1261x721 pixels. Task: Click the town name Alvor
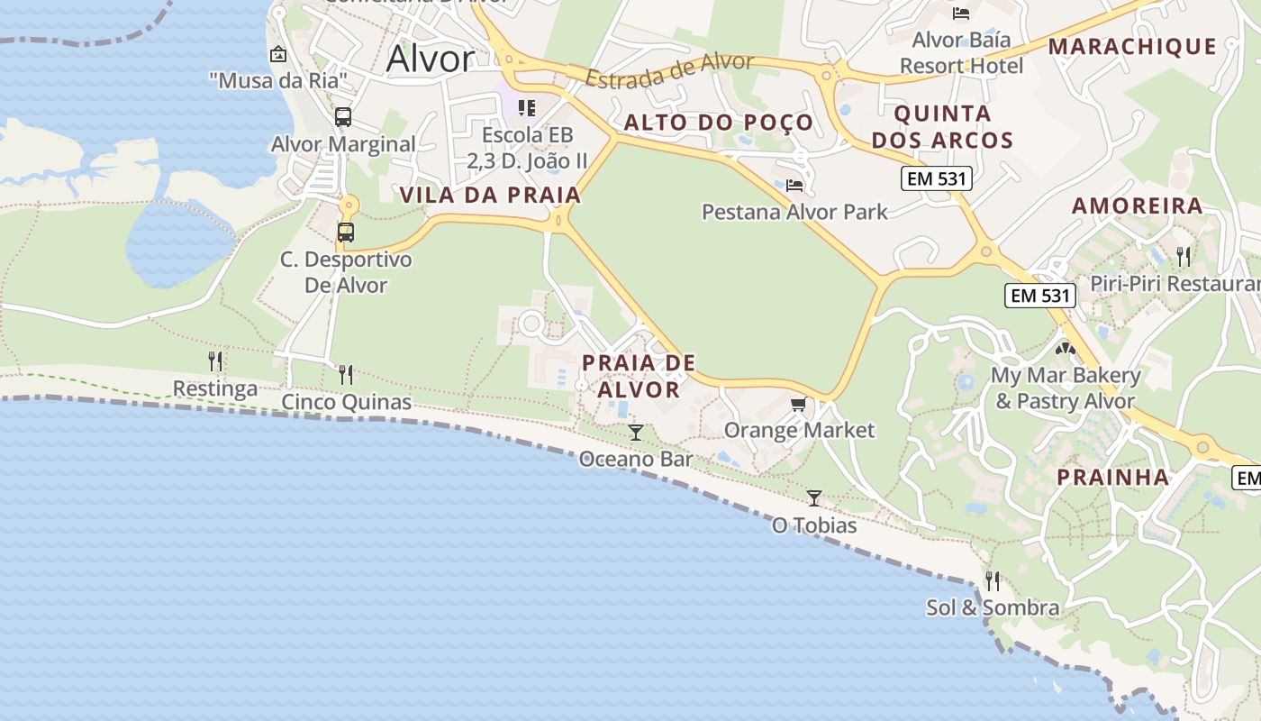(x=430, y=59)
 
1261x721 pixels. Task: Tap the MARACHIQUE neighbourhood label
(x=1132, y=46)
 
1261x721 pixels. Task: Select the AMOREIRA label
(x=1137, y=205)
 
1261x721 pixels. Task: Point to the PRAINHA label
(x=1112, y=477)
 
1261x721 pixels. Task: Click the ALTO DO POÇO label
(x=719, y=123)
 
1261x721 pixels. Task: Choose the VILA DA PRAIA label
(x=490, y=195)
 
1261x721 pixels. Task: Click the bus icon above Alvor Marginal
(x=343, y=116)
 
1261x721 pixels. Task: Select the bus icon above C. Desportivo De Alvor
(x=345, y=232)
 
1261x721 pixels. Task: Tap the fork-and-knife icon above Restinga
(x=215, y=361)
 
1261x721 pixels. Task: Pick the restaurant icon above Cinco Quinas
(x=346, y=374)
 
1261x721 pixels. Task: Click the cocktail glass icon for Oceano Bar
(x=636, y=433)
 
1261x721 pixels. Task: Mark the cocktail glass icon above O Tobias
(x=814, y=497)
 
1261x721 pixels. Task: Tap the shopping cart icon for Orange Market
(x=798, y=404)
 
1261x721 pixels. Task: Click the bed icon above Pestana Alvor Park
(x=794, y=185)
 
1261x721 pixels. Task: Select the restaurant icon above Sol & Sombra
(x=993, y=580)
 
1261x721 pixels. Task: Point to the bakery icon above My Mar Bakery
(x=1066, y=347)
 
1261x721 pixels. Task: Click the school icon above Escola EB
(x=527, y=108)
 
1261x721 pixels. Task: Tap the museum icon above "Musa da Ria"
(x=277, y=54)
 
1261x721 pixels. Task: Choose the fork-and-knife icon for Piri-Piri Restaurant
(x=1184, y=256)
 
